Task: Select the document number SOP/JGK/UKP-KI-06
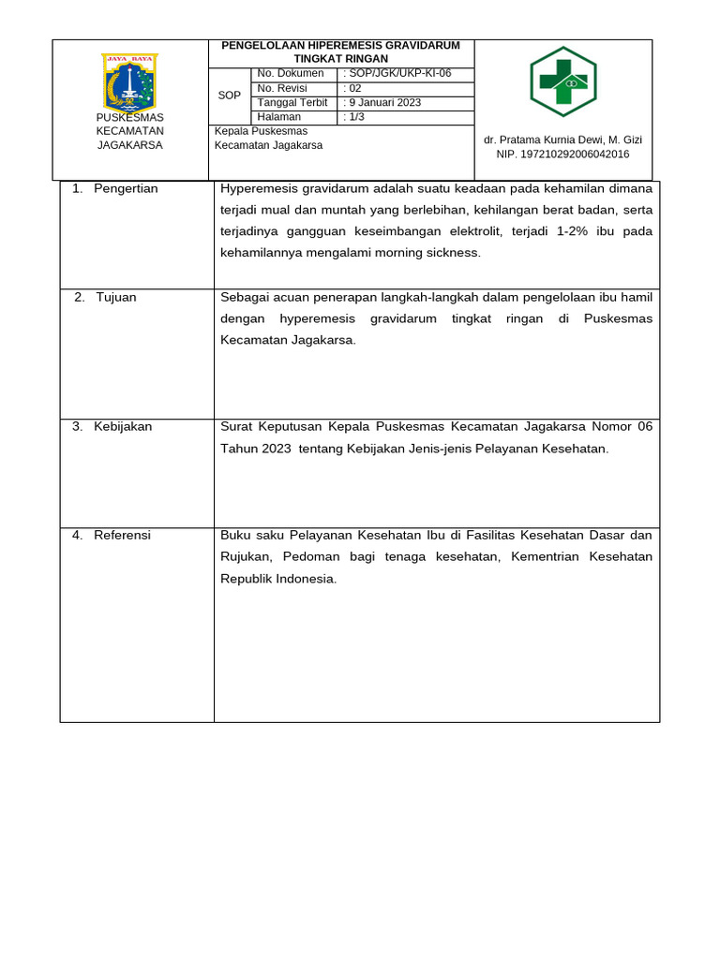tap(394, 73)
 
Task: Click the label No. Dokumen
tap(291, 73)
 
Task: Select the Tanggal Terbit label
tap(293, 103)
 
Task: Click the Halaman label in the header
tap(279, 117)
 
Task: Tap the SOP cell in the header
tap(230, 96)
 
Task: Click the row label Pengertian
tap(126, 189)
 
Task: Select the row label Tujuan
tap(116, 298)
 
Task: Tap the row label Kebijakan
tap(123, 427)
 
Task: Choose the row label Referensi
tap(122, 536)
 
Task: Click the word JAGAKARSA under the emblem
tap(130, 145)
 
